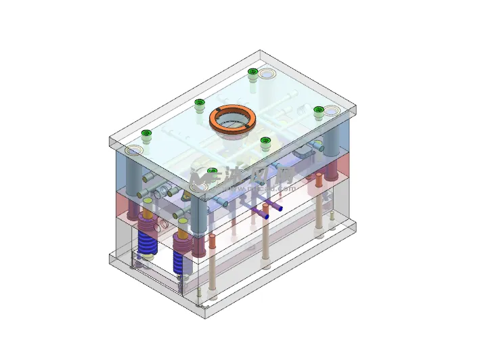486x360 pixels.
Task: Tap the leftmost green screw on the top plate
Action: pyautogui.click(x=146, y=134)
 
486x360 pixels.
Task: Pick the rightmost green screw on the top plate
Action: pyautogui.click(x=319, y=110)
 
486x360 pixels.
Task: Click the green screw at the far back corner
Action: pyautogui.click(x=252, y=72)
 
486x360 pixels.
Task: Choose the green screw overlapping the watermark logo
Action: pyautogui.click(x=212, y=173)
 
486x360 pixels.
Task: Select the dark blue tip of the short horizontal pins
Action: pyautogui.click(x=266, y=217)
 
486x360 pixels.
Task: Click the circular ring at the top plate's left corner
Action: pyautogui.click(x=132, y=150)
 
